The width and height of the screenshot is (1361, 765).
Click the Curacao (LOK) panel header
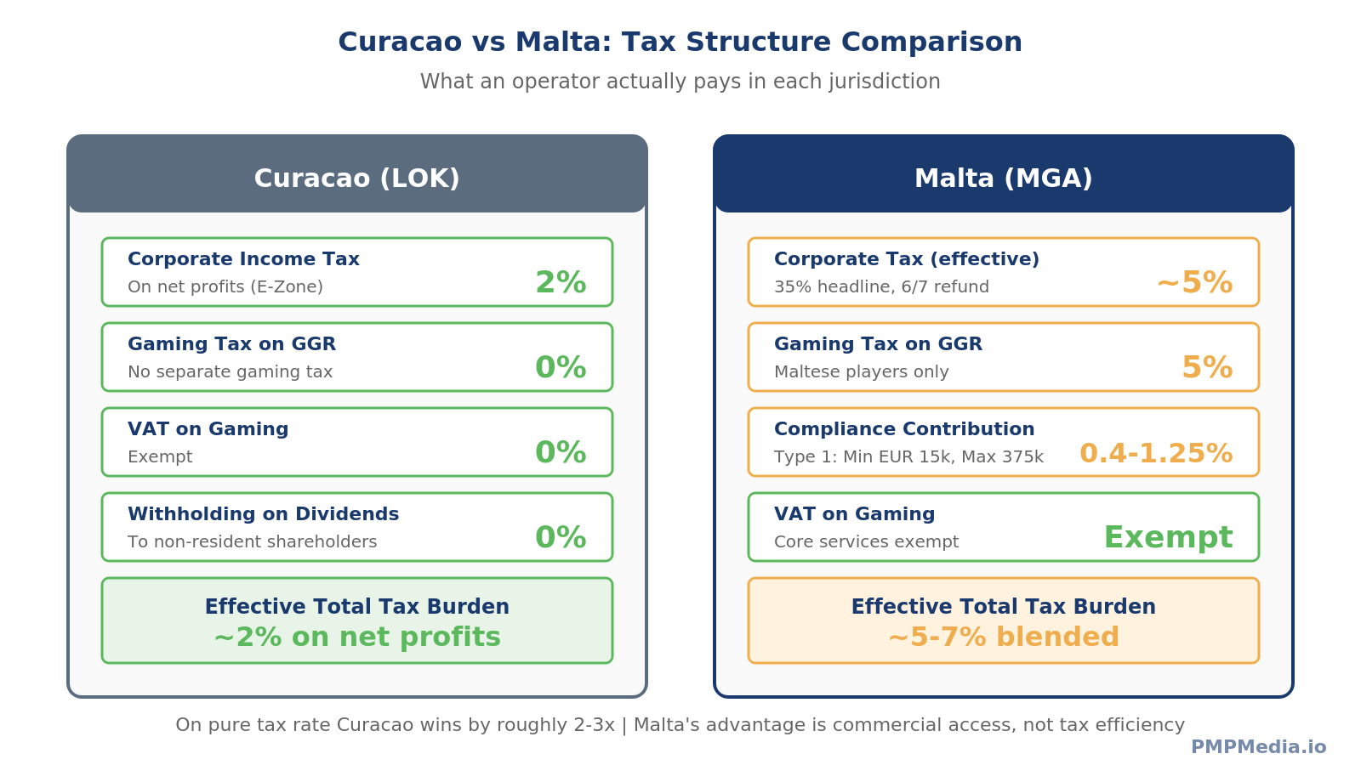tap(356, 178)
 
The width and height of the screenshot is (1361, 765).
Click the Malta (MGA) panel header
tap(1003, 178)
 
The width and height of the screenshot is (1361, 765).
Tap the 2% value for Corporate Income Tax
tap(561, 283)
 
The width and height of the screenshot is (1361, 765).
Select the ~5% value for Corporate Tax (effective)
tap(1194, 283)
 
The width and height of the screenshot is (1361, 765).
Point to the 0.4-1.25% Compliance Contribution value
tap(1155, 453)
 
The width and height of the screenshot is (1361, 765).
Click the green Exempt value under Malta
tap(1167, 537)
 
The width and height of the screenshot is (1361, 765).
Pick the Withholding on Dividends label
tap(263, 514)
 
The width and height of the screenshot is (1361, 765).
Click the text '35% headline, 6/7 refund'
tap(881, 287)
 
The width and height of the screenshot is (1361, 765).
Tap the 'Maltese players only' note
tap(861, 372)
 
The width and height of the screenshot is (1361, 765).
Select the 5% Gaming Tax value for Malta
tap(1206, 368)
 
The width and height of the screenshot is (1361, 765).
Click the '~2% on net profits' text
tap(356, 637)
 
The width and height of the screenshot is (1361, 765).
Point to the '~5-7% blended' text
tap(1003, 637)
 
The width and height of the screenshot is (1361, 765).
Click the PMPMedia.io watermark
tap(1257, 747)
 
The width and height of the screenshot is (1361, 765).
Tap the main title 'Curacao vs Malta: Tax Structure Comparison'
tap(680, 42)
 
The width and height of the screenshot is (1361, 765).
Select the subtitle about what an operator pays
tap(680, 82)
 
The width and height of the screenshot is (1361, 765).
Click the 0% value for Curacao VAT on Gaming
tap(561, 453)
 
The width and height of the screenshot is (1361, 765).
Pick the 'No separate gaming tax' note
tap(230, 372)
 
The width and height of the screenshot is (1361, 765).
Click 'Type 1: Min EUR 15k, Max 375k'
tap(908, 457)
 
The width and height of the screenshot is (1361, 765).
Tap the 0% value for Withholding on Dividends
tap(561, 538)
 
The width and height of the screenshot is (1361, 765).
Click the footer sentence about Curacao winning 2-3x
tap(680, 725)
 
